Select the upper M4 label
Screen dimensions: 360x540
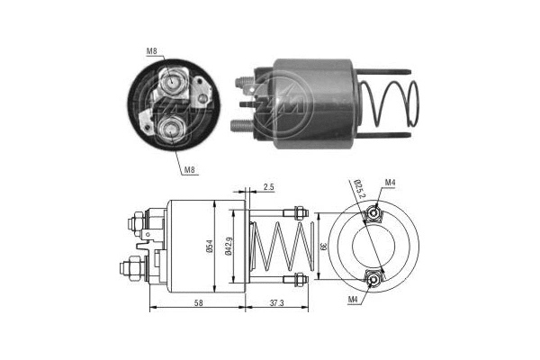pos(390,184)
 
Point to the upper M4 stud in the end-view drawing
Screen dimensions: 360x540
pos(373,215)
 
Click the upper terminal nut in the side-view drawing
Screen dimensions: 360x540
pos(133,219)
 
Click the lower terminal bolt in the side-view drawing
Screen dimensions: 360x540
pos(131,268)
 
